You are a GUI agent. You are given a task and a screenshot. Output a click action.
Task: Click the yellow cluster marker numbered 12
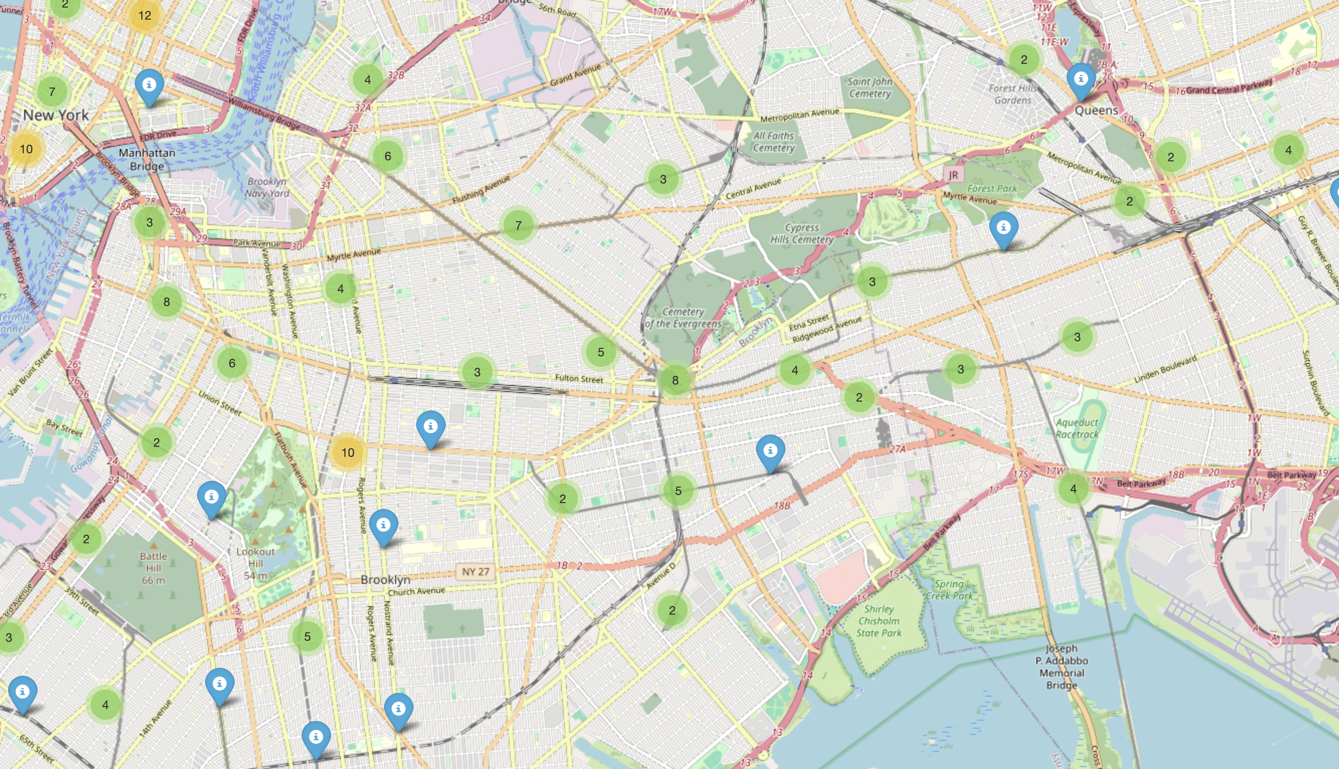point(145,16)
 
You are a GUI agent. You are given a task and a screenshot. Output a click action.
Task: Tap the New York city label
point(56,115)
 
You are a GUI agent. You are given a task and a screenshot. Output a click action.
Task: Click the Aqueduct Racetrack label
point(1077,428)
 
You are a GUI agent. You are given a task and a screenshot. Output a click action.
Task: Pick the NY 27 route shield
point(476,571)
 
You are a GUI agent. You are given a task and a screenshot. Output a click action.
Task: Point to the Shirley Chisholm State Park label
point(878,621)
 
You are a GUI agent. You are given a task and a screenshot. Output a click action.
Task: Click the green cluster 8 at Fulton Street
point(675,380)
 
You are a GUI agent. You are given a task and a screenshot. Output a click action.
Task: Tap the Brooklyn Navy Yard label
point(268,187)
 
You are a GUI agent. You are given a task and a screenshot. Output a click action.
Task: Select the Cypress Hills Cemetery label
point(802,233)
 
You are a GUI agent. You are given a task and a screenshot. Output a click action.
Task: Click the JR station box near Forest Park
point(953,175)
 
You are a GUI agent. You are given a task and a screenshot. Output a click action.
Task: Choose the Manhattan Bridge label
point(147,160)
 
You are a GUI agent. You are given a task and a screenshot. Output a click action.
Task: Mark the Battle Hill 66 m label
point(154,568)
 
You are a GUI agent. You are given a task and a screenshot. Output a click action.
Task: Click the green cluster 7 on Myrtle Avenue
point(518,225)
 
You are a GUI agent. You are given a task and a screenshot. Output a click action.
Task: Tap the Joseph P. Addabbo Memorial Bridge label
point(1061,666)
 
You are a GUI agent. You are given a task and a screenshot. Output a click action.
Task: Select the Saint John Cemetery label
point(870,87)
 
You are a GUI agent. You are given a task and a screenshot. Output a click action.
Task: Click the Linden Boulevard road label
point(1165,370)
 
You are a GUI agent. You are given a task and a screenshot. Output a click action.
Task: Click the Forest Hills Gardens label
point(1012,94)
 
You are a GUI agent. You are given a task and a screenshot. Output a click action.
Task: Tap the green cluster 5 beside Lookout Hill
point(307,636)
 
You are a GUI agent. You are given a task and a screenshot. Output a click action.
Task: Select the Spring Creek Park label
point(949,590)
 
